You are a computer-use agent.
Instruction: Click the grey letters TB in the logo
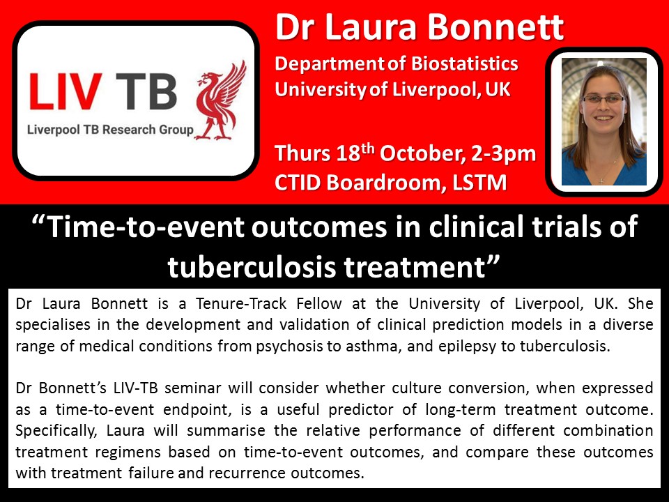[146, 91]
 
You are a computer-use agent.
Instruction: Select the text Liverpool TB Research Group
[110, 130]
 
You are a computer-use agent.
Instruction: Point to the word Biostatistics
[465, 63]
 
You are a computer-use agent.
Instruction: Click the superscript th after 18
[367, 148]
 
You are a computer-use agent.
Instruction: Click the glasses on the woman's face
[603, 100]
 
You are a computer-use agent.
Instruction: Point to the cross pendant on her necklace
[601, 181]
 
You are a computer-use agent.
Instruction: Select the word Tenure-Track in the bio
[242, 303]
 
